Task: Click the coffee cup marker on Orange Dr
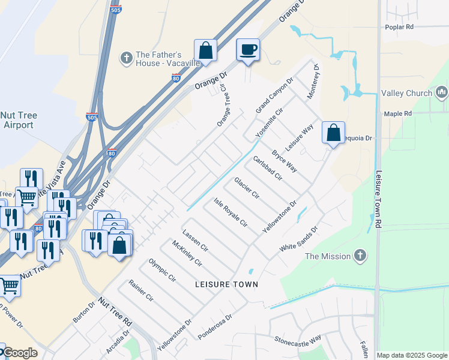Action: pos(247,50)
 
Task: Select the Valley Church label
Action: pos(406,93)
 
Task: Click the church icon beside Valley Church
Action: pos(442,92)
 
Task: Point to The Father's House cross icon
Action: pos(126,57)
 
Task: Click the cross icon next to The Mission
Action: pos(360,256)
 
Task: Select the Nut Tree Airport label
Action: pos(18,120)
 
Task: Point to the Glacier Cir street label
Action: pos(246,188)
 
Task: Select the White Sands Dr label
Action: pos(298,239)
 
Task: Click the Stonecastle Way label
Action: pos(298,339)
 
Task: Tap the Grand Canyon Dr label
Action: pos(274,95)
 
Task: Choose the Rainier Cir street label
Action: pos(140,290)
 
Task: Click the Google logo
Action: pos(20,353)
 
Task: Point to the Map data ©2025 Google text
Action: pos(412,355)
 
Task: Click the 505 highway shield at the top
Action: pos(116,10)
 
